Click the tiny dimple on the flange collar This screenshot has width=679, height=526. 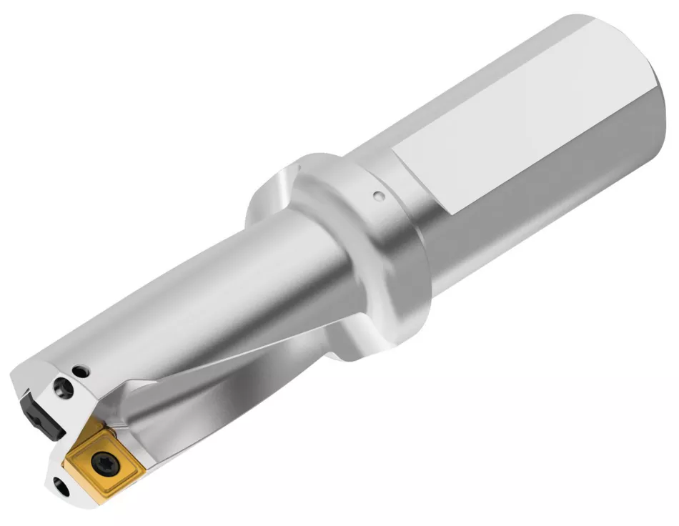point(378,194)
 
